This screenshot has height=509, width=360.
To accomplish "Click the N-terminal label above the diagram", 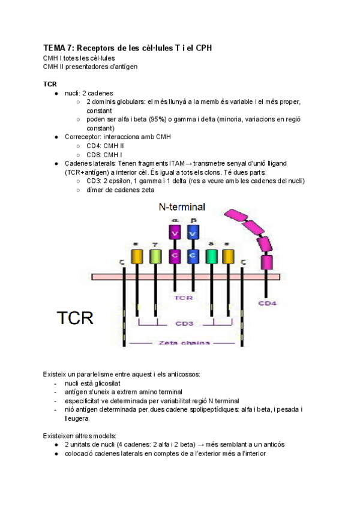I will click(x=181, y=207).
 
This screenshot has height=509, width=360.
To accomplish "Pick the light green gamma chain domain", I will click(x=155, y=256).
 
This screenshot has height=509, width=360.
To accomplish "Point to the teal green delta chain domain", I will click(x=211, y=256).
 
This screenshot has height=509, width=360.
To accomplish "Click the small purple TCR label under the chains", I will click(x=183, y=297).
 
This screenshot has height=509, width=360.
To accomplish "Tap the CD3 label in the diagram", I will click(x=184, y=324).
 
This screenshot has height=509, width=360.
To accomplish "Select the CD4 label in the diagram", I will click(x=268, y=303).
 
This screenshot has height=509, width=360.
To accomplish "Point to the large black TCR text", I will click(x=75, y=317).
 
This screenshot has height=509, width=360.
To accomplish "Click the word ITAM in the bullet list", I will click(x=177, y=163).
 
